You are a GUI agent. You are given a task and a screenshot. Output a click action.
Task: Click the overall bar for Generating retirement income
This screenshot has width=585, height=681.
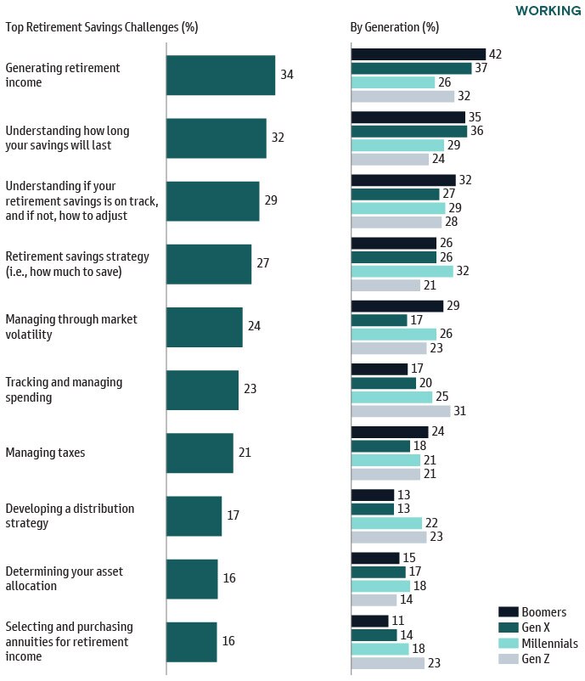tap(221, 75)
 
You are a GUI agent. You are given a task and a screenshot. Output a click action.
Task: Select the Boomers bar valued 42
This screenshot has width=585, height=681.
tap(418, 54)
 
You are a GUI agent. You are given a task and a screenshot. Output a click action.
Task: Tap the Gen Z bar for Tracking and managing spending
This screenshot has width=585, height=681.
tap(400, 411)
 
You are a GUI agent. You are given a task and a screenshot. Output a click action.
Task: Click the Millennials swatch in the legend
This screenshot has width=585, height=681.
tap(508, 644)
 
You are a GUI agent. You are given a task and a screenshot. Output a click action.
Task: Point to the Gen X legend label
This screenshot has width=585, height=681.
tap(537, 628)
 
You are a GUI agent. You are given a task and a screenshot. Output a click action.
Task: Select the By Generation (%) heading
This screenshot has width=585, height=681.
tap(394, 26)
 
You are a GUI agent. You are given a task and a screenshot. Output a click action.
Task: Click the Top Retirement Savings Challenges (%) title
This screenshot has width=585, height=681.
tap(101, 26)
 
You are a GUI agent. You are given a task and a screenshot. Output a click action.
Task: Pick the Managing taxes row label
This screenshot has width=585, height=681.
tap(45, 453)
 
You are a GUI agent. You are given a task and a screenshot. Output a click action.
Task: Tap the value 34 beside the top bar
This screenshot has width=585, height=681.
tap(287, 75)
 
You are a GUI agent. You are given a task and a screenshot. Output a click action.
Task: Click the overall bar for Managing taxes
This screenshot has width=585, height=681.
tap(200, 453)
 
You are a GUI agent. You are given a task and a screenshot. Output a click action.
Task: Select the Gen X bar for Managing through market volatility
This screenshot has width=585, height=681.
tap(379, 320)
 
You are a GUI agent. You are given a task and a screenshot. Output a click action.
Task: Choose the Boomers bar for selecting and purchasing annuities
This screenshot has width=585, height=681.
tap(369, 621)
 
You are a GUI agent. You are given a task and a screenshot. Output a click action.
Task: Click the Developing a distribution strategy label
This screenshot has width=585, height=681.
tap(70, 515)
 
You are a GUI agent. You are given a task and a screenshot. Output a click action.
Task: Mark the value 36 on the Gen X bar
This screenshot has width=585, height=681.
tap(476, 132)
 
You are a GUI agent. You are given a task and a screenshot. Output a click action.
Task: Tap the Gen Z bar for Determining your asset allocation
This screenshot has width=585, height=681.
tap(374, 599)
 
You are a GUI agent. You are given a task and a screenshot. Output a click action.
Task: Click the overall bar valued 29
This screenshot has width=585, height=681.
tap(212, 201)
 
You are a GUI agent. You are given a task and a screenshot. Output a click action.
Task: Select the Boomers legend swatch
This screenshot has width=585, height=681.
tap(508, 611)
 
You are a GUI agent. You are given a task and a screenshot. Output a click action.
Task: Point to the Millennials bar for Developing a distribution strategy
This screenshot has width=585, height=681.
tap(386, 523)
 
